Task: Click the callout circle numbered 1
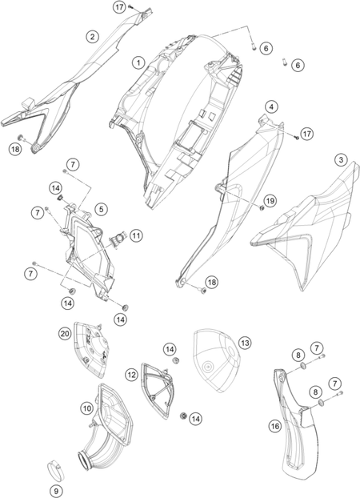click(x=138, y=62)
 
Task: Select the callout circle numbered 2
click(x=92, y=37)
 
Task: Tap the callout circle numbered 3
click(x=341, y=159)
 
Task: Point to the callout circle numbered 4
click(x=271, y=106)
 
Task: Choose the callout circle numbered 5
click(x=102, y=209)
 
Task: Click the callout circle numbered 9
click(x=57, y=490)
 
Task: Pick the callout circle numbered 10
click(x=87, y=408)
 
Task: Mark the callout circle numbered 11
click(x=136, y=235)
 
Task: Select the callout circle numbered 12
click(x=131, y=375)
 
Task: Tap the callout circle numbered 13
click(x=245, y=343)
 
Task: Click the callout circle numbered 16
click(x=275, y=426)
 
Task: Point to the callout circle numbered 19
click(x=270, y=201)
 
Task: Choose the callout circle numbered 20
click(x=65, y=334)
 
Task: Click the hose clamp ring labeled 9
click(x=54, y=470)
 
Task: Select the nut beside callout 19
click(x=262, y=208)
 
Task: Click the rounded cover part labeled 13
click(x=217, y=360)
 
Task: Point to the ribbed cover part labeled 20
click(x=90, y=349)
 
